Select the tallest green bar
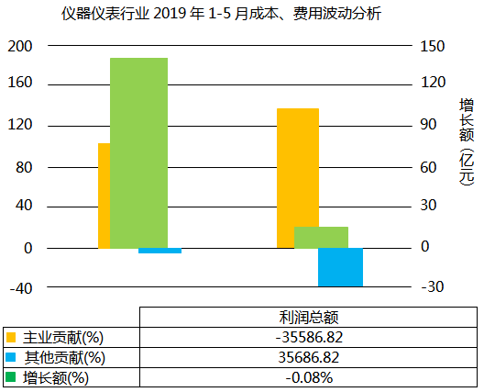(x=138, y=152)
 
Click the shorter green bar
(x=321, y=237)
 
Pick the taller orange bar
(x=297, y=178)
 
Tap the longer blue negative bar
(x=340, y=267)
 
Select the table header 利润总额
(x=309, y=317)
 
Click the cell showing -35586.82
(x=309, y=337)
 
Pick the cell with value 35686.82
(x=309, y=357)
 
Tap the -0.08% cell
(x=309, y=377)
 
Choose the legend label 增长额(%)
(x=56, y=377)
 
